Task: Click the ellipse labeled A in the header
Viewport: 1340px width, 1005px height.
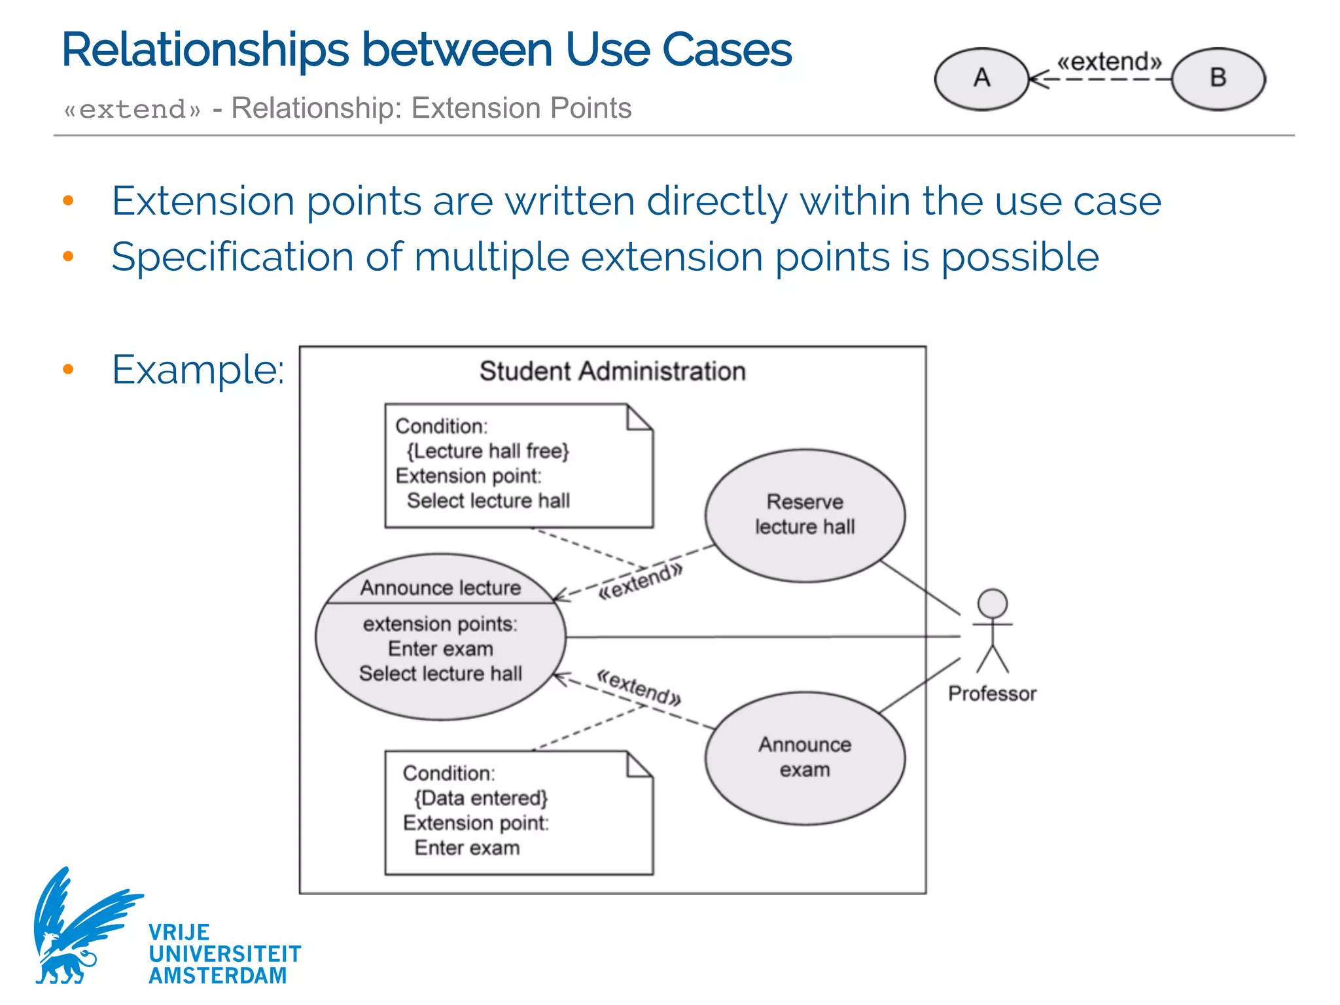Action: pos(981,79)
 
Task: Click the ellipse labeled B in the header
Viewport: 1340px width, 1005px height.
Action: pos(1218,79)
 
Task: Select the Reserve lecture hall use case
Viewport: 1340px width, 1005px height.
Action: pos(805,515)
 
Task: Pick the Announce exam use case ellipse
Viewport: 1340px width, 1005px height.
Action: pos(805,758)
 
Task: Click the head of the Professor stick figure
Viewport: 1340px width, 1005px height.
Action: pos(992,603)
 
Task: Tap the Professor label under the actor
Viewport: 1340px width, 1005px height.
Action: pos(992,694)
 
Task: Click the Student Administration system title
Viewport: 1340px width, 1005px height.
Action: pos(612,371)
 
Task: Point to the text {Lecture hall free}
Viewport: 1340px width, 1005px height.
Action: pos(488,451)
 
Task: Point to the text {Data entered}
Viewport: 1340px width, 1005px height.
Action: pos(481,798)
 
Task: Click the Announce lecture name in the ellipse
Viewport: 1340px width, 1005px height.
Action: pos(440,588)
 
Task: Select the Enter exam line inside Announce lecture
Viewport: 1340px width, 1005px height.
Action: pos(440,648)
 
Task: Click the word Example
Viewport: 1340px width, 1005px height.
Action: pos(198,370)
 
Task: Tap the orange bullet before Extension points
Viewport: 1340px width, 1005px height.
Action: pos(68,201)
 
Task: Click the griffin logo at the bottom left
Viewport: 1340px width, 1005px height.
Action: pos(79,929)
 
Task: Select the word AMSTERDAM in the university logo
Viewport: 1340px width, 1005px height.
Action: pos(217,976)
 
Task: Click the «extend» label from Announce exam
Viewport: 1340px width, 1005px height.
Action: pos(639,688)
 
